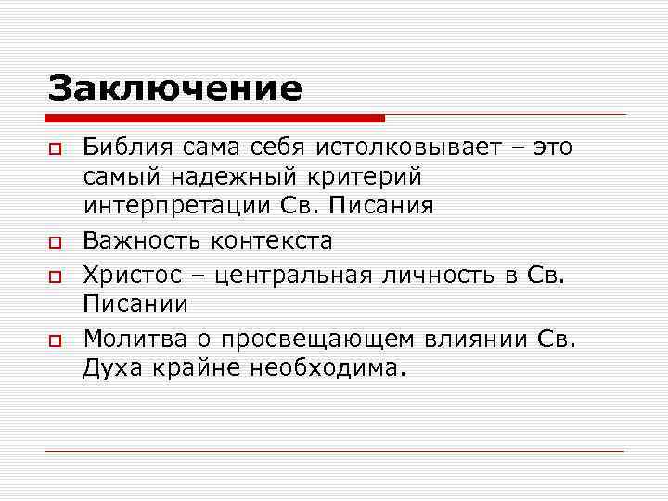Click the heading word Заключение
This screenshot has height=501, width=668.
point(175,88)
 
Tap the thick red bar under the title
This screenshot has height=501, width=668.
point(215,119)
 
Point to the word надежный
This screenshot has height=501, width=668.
point(223,176)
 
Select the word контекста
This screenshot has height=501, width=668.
point(271,241)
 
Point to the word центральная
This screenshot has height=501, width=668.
point(289,276)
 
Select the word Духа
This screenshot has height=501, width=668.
point(110,368)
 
